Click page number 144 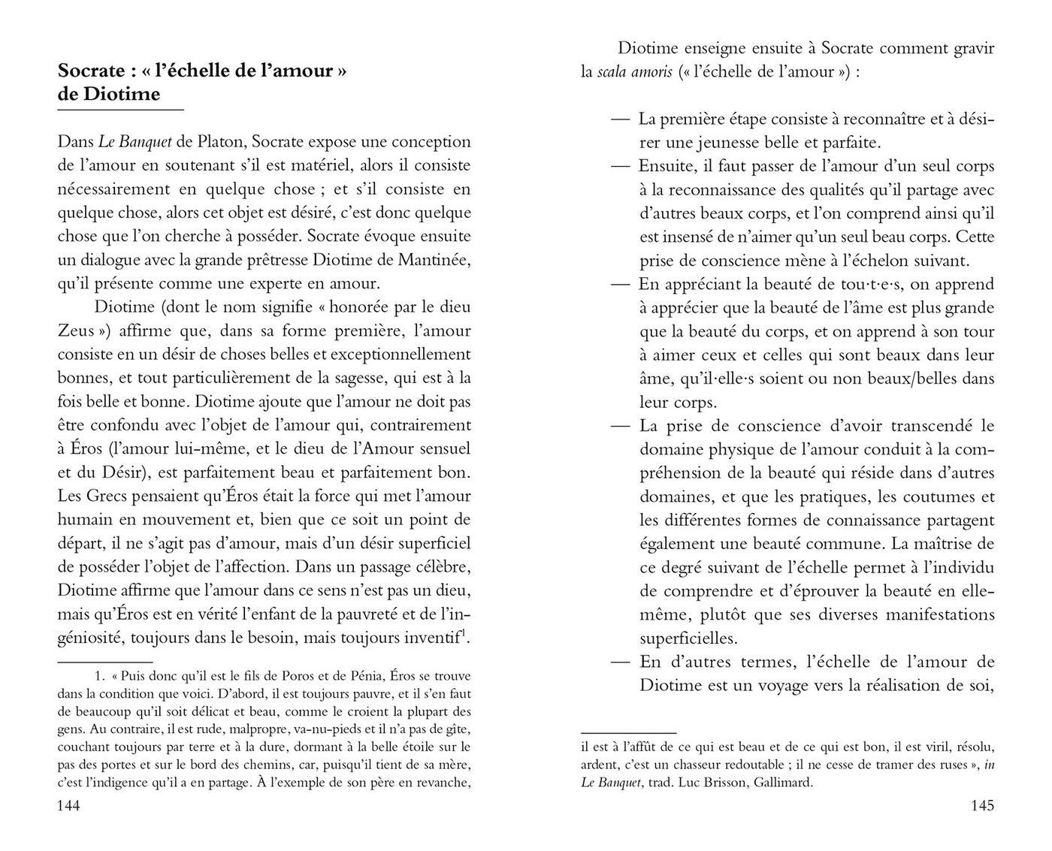pyautogui.click(x=69, y=805)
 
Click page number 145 pyautogui.click(x=982, y=805)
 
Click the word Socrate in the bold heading pyautogui.click(x=91, y=71)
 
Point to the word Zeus pyautogui.click(x=75, y=330)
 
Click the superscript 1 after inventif pyautogui.click(x=464, y=635)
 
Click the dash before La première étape pyautogui.click(x=621, y=119)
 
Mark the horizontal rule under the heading pyautogui.click(x=120, y=110)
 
